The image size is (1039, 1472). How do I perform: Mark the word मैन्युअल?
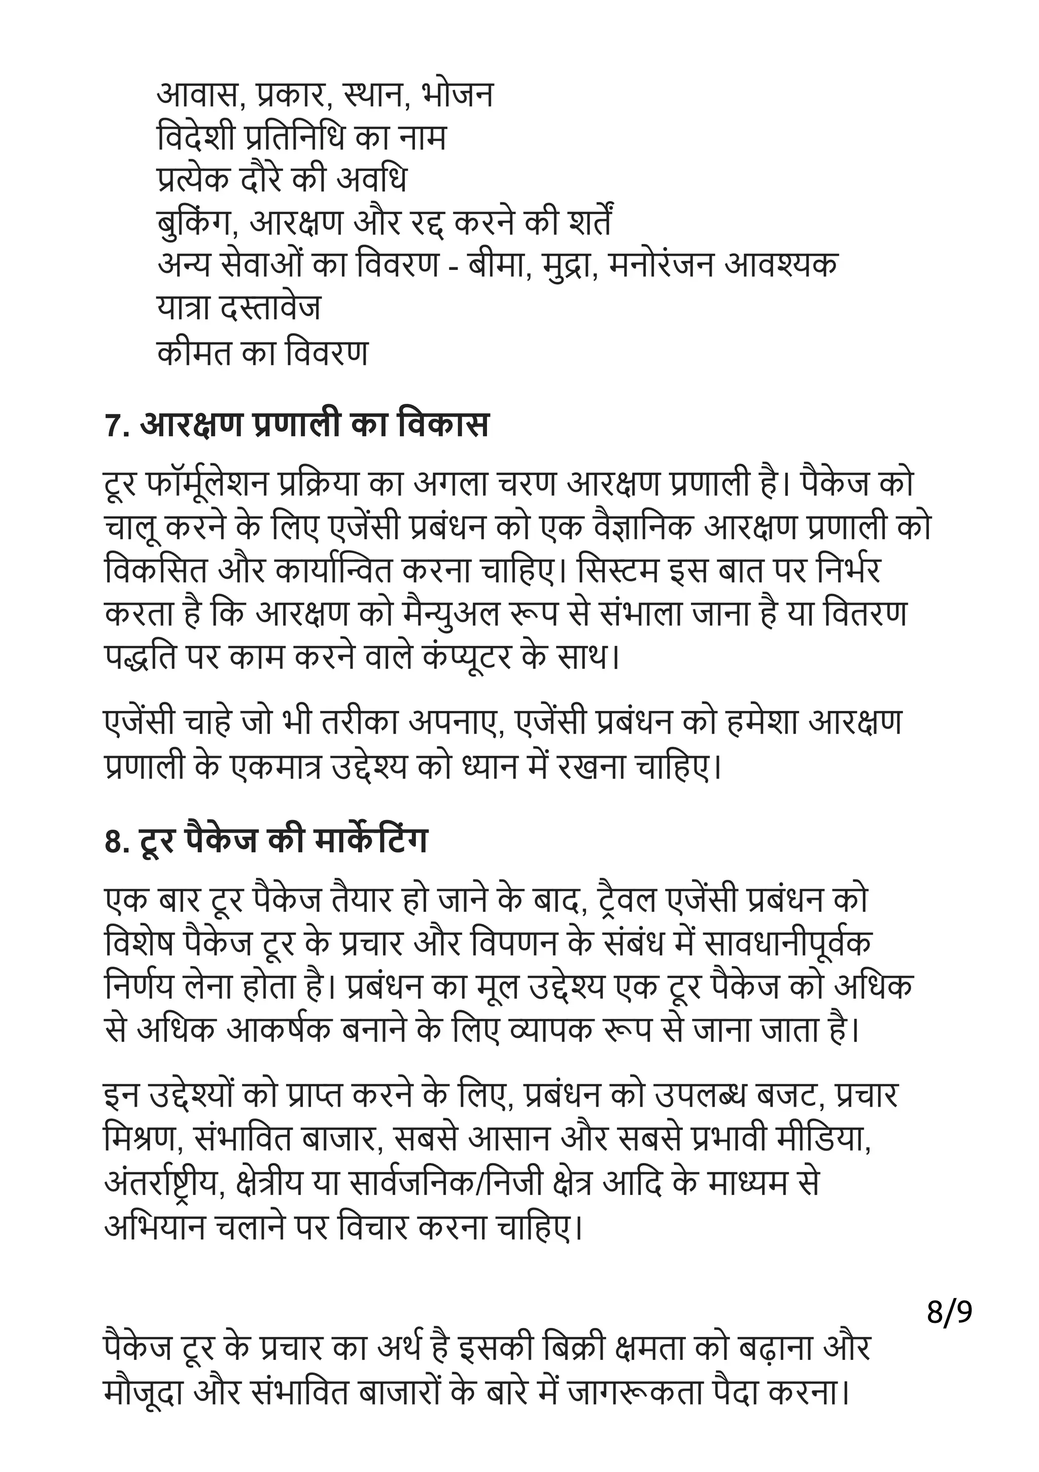[x=437, y=613]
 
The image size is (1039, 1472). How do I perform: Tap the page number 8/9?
[x=949, y=1312]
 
